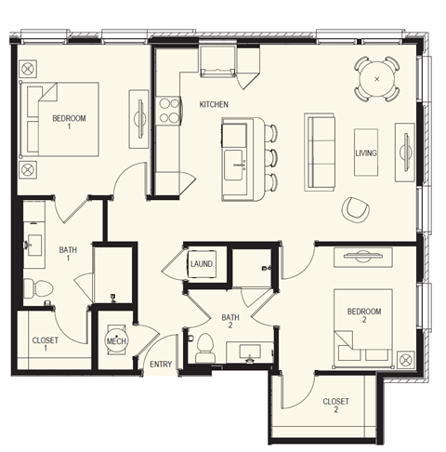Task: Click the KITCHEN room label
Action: click(214, 104)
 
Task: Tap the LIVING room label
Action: click(366, 153)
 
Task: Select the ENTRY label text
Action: click(161, 364)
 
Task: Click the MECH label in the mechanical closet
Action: click(116, 341)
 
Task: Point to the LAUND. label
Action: click(203, 264)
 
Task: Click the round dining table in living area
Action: click(376, 79)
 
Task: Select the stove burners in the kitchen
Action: click(170, 111)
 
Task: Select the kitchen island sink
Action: click(237, 153)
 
